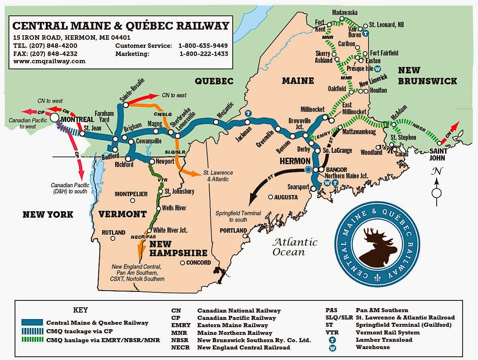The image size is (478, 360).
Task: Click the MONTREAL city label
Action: pyautogui.click(x=78, y=119)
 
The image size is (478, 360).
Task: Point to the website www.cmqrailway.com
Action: pyautogui.click(x=49, y=61)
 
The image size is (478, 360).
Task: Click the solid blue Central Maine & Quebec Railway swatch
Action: pyautogui.click(x=32, y=323)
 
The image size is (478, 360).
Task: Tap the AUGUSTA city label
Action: pyautogui.click(x=286, y=197)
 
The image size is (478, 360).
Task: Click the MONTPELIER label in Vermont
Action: pyautogui.click(x=131, y=194)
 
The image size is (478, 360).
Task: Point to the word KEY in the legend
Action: pyautogui.click(x=80, y=310)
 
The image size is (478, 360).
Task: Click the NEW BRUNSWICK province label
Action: pyautogui.click(x=427, y=75)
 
